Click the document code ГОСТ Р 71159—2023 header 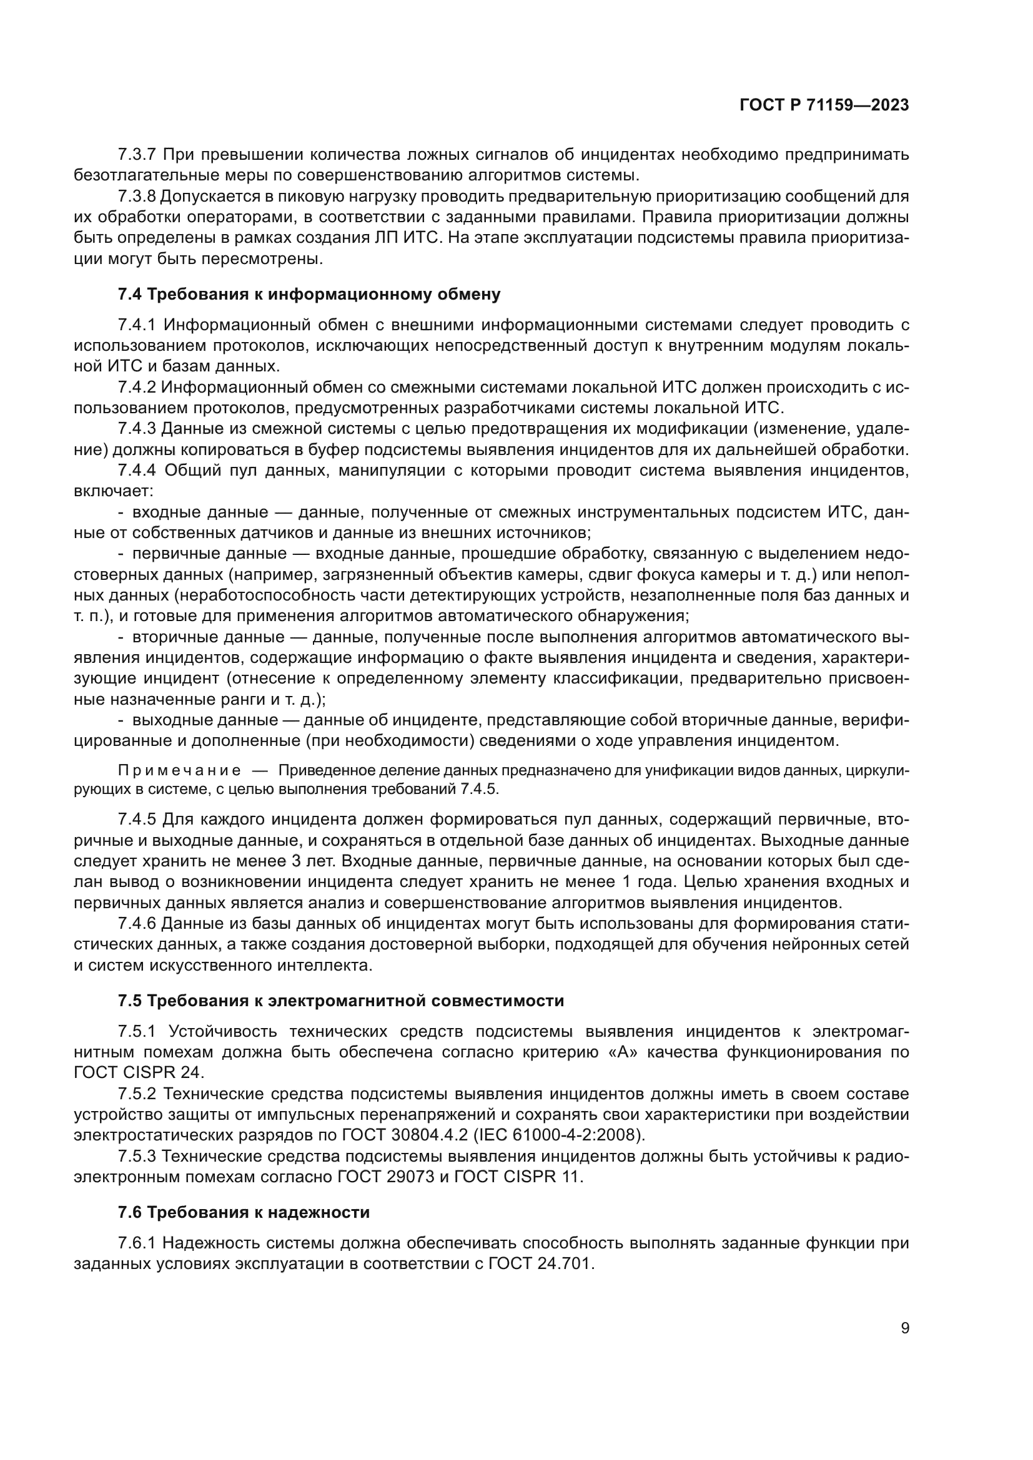point(824,105)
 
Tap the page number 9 point(905,1328)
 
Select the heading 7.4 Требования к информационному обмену point(309,295)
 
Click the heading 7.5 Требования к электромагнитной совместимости point(341,1001)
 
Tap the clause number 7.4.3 point(137,429)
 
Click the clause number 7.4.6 point(137,923)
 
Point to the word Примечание point(179,771)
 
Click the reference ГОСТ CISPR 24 point(138,1073)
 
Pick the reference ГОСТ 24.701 point(541,1263)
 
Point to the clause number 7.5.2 point(137,1094)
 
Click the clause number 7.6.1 point(137,1243)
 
